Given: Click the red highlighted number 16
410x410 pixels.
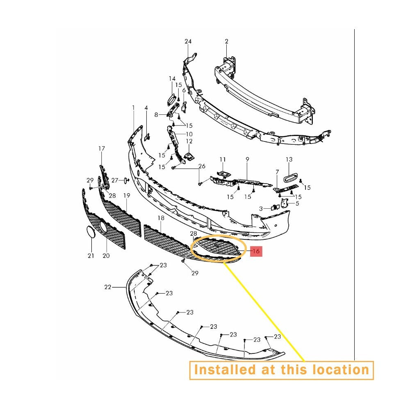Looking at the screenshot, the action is [x=256, y=251].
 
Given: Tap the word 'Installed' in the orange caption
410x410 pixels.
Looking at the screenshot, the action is [x=225, y=370].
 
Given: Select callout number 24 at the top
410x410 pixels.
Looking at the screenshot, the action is [x=188, y=41].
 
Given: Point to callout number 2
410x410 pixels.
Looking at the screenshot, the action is [x=226, y=41].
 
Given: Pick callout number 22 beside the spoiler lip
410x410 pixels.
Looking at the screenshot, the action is [x=108, y=287].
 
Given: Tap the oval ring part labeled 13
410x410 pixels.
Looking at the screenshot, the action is [x=289, y=178].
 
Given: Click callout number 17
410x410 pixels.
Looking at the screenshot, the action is [x=102, y=148].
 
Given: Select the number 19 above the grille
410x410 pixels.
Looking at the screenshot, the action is [x=127, y=195].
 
